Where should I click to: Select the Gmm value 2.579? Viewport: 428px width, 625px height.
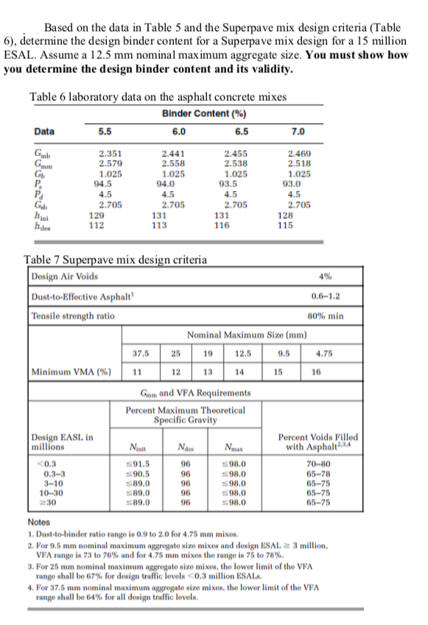coord(110,161)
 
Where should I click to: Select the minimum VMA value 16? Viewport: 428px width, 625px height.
coord(317,371)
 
